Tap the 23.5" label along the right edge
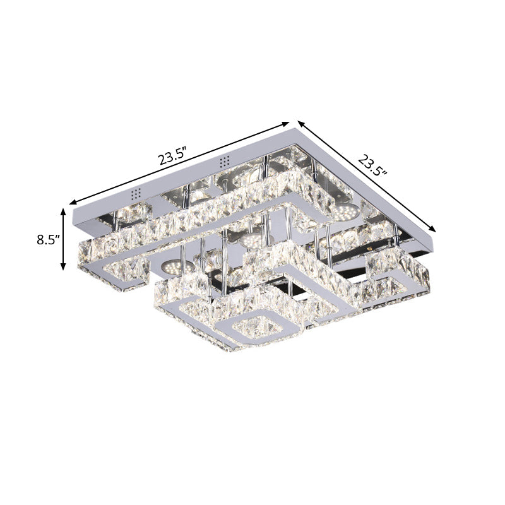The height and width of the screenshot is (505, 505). pyautogui.click(x=372, y=164)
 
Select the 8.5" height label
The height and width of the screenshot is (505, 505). pyautogui.click(x=48, y=240)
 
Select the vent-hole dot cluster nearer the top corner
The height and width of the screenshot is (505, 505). pyautogui.click(x=223, y=162)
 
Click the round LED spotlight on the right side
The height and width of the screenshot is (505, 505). pyautogui.click(x=345, y=213)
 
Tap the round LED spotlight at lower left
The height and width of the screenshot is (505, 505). pyautogui.click(x=169, y=267)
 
